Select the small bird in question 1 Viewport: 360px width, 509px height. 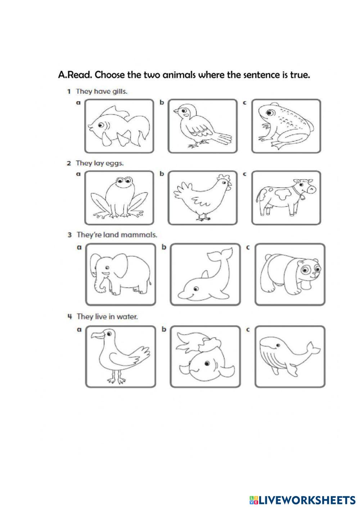[200, 127]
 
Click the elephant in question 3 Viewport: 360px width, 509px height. [120, 274]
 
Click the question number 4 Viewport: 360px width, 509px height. [70, 317]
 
